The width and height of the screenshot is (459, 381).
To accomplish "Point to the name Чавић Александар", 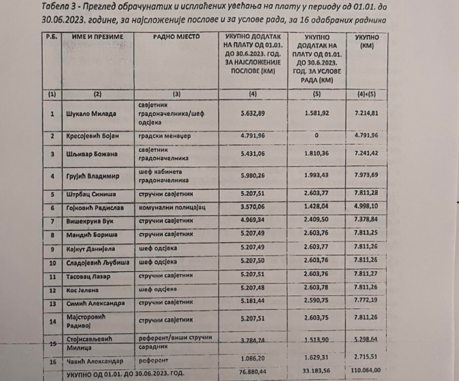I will (94, 359).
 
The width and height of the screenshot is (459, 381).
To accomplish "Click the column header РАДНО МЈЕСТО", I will (176, 37).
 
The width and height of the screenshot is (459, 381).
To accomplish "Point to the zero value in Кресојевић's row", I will (327, 135).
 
